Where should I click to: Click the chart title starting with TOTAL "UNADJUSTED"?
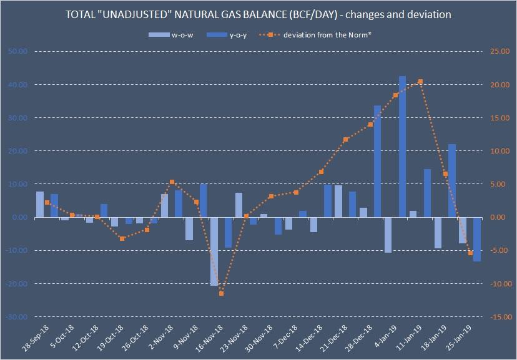(x=258, y=13)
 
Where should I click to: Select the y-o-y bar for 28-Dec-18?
(x=377, y=161)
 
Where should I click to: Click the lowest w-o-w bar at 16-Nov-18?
(x=214, y=251)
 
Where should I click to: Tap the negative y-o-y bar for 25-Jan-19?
(x=477, y=239)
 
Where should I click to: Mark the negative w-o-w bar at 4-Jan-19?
(x=388, y=235)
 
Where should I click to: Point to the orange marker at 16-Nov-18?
(x=221, y=293)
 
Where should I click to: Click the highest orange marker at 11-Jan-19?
(x=420, y=81)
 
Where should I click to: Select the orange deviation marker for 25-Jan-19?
(x=470, y=253)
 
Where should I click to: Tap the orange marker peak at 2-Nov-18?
(x=172, y=182)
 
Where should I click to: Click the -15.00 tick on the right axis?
(x=497, y=317)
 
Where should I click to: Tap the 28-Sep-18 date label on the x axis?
(x=35, y=338)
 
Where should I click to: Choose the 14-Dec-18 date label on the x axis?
(x=308, y=338)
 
